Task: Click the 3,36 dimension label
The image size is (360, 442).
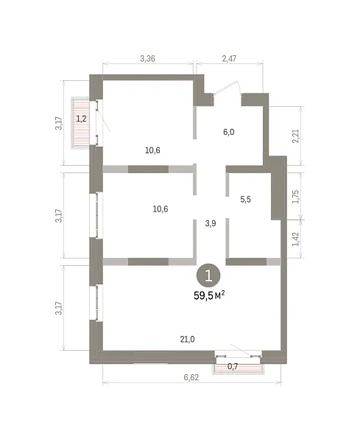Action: tap(147, 59)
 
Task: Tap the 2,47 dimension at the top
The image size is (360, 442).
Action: tap(229, 59)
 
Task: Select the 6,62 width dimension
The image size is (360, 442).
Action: tap(191, 377)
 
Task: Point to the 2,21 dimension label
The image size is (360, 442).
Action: tap(296, 136)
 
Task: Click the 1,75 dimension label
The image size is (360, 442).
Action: tap(295, 197)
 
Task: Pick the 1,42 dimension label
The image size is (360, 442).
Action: tap(295, 239)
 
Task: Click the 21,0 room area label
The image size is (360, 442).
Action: tap(187, 340)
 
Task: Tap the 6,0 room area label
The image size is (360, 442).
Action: tap(229, 132)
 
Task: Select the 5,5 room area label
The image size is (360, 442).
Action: tap(245, 200)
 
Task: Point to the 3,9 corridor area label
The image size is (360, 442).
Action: tap(211, 223)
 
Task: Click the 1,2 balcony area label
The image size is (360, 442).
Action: tap(81, 119)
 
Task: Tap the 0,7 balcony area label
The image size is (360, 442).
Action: tap(233, 366)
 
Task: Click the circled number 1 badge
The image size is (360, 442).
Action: tap(208, 276)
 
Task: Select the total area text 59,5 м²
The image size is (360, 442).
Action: tap(209, 295)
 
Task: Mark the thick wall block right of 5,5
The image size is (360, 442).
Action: tap(278, 187)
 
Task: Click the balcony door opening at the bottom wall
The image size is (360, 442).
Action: tap(238, 357)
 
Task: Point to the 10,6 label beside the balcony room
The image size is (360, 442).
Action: tap(152, 150)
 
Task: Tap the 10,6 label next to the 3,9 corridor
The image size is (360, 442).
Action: tap(160, 209)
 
